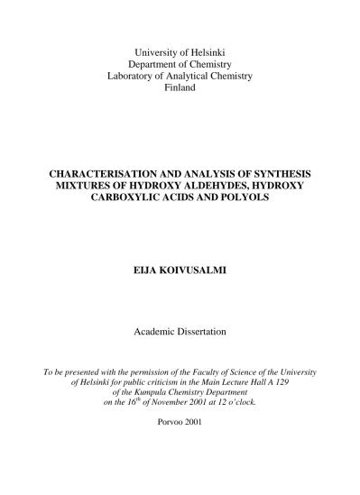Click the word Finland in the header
180,90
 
